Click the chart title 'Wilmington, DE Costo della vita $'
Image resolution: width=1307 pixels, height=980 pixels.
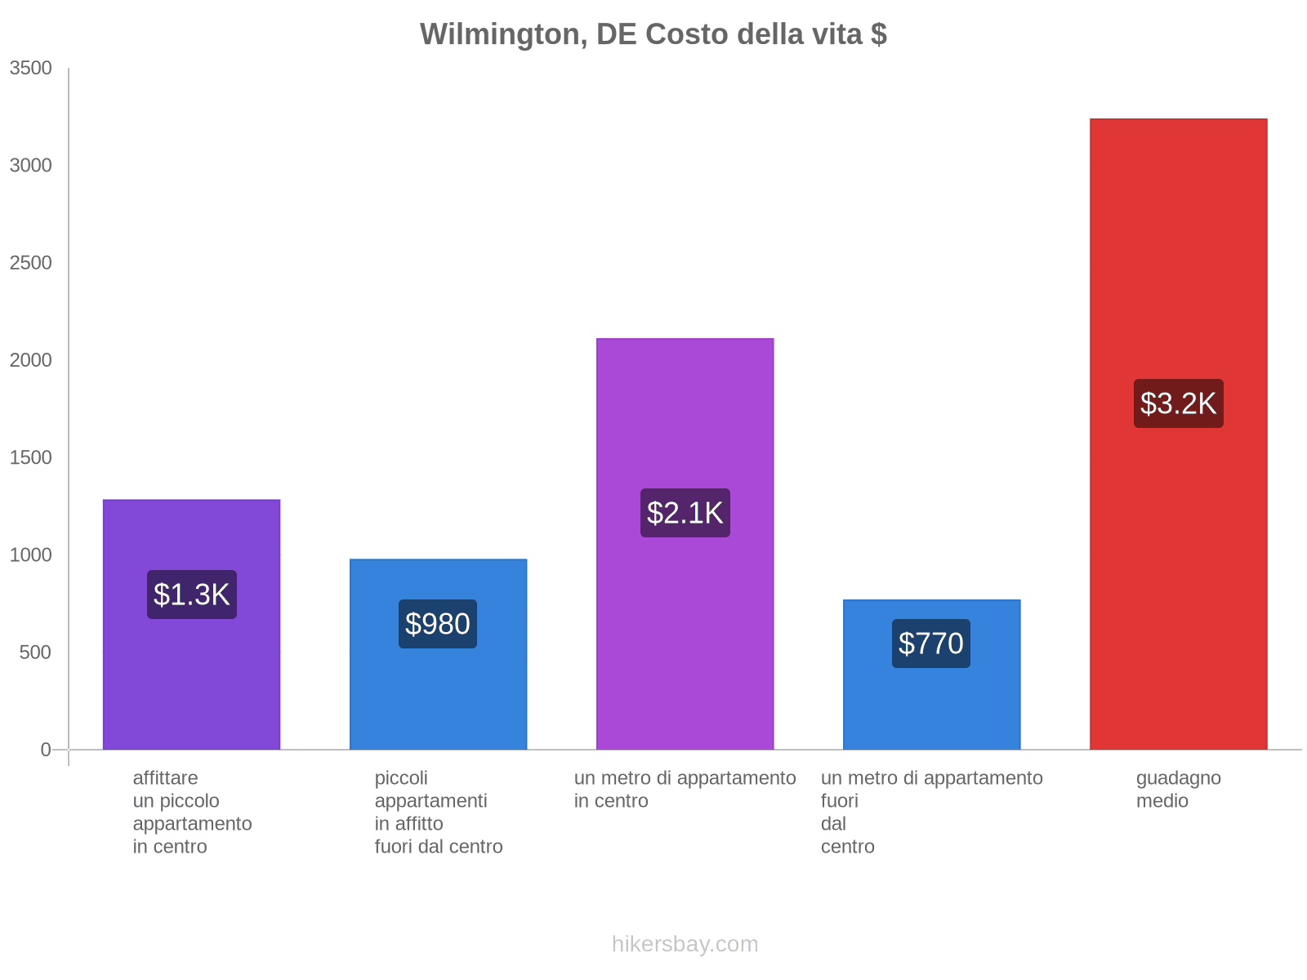653,34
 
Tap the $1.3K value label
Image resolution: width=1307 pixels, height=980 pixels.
192,595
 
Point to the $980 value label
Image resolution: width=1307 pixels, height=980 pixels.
438,624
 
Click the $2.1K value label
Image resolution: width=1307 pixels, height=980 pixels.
685,513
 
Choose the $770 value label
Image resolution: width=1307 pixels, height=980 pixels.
931,644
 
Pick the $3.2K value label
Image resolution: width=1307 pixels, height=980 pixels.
1178,403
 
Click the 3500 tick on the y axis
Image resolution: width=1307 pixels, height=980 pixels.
30,69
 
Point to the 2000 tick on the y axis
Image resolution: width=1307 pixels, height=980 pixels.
30,360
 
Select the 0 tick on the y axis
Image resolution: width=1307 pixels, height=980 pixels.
46,750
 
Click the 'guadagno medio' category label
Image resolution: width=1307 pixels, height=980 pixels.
1178,789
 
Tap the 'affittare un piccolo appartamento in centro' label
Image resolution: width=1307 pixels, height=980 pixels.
192,812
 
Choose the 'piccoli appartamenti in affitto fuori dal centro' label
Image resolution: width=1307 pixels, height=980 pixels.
438,812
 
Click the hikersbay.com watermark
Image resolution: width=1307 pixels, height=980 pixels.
685,944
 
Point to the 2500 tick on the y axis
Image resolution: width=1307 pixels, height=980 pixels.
30,263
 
